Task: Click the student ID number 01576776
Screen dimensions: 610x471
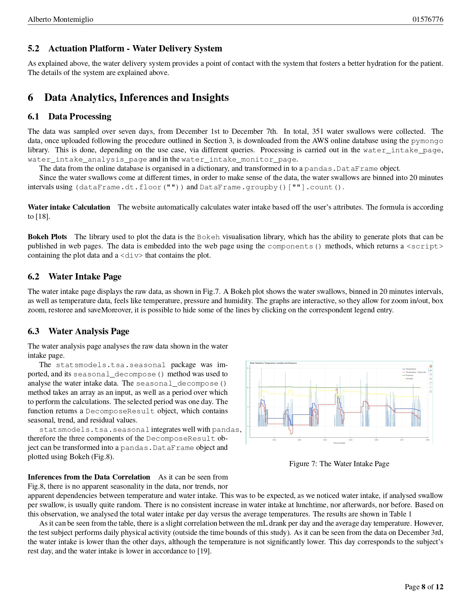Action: pos(428,20)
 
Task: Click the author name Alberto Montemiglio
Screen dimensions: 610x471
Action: pos(61,20)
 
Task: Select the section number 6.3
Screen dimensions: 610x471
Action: pos(33,331)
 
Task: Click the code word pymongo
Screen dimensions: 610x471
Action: pos(427,141)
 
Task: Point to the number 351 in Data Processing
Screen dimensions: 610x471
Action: pos(318,132)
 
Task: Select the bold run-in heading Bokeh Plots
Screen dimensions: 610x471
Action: pos(47,237)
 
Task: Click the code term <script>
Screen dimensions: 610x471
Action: pos(424,247)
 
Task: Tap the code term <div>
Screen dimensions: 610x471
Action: pos(132,256)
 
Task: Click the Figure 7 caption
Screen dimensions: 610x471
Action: pos(339,464)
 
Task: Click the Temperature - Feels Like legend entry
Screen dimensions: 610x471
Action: pos(416,372)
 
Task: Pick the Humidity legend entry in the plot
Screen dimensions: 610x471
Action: pos(409,379)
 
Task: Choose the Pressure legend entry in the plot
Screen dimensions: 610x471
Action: pos(409,375)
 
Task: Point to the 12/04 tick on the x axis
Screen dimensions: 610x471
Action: pos(325,440)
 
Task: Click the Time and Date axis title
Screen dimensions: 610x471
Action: pos(339,443)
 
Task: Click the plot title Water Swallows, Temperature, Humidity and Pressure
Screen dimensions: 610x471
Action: pos(273,363)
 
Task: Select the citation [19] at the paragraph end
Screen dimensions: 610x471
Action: pos(204,551)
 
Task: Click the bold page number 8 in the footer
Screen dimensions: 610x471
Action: pos(423,587)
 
